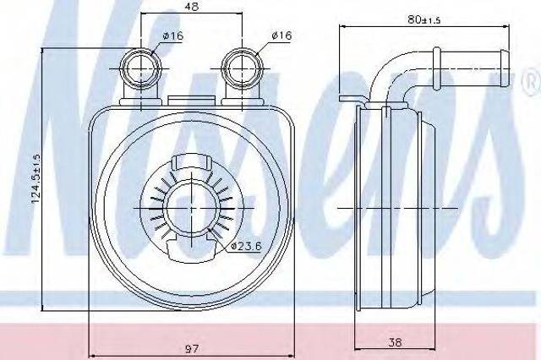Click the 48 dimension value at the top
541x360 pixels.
[x=192, y=7]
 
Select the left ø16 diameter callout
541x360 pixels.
[x=172, y=35]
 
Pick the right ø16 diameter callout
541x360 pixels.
[x=281, y=35]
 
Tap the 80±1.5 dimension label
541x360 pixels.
[x=424, y=19]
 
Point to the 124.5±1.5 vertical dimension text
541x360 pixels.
[x=36, y=178]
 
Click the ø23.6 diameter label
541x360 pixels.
[x=247, y=246]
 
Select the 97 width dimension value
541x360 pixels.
[x=192, y=349]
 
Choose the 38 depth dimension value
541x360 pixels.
[x=395, y=342]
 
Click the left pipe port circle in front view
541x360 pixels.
[x=141, y=69]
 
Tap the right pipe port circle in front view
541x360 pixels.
[x=243, y=68]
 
